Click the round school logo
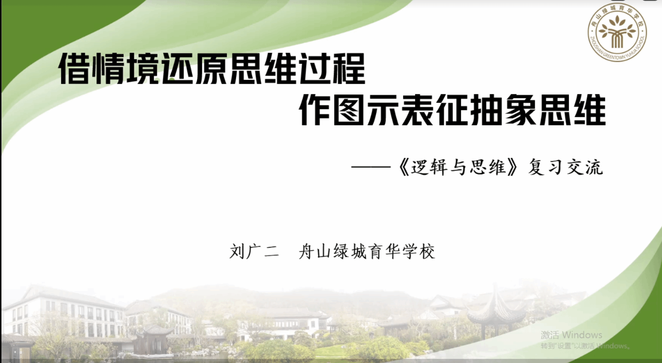(617, 32)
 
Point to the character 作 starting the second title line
(314, 110)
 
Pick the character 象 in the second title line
(521, 110)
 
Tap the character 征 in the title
(452, 110)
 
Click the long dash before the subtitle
(371, 167)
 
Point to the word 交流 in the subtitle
(585, 167)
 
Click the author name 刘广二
(254, 251)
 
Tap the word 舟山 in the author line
(314, 251)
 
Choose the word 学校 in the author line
(419, 251)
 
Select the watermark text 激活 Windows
(571, 335)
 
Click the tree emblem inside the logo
(617, 32)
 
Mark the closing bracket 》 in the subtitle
(512, 167)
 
